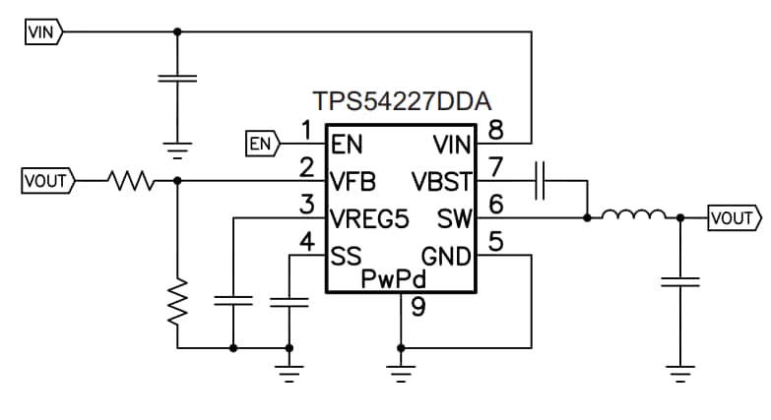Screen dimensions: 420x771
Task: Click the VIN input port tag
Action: tap(42, 31)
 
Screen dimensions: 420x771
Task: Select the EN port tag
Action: tap(261, 145)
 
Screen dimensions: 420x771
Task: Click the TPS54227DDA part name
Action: tap(403, 102)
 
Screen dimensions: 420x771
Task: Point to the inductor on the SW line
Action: tap(633, 215)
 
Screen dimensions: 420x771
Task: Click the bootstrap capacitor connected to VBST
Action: tap(541, 181)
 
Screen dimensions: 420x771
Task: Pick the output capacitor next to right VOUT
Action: tap(679, 281)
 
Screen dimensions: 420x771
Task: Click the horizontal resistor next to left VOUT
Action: tap(129, 181)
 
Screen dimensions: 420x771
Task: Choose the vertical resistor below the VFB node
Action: tap(177, 302)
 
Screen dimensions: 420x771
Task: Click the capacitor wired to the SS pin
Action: tap(289, 301)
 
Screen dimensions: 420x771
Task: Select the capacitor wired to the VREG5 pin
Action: tap(233, 301)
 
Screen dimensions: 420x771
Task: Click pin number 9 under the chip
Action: tap(418, 309)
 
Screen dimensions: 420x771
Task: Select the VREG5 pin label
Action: tap(370, 218)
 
